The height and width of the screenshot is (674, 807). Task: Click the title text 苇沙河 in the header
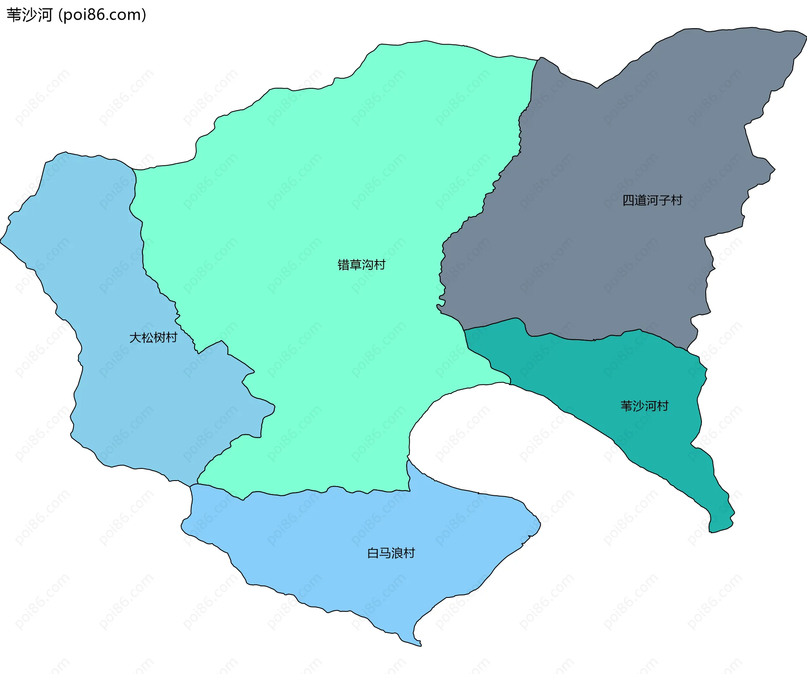29,15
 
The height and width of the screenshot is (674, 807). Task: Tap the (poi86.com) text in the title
103,15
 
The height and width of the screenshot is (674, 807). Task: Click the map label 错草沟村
361,265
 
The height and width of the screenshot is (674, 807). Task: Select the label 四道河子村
652,200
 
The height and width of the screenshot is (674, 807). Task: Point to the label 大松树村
153,338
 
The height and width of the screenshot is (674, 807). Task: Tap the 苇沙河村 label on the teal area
644,406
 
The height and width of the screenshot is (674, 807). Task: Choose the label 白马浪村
391,553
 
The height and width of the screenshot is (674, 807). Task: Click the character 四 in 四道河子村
628,200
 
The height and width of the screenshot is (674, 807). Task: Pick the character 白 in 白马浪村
373,553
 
